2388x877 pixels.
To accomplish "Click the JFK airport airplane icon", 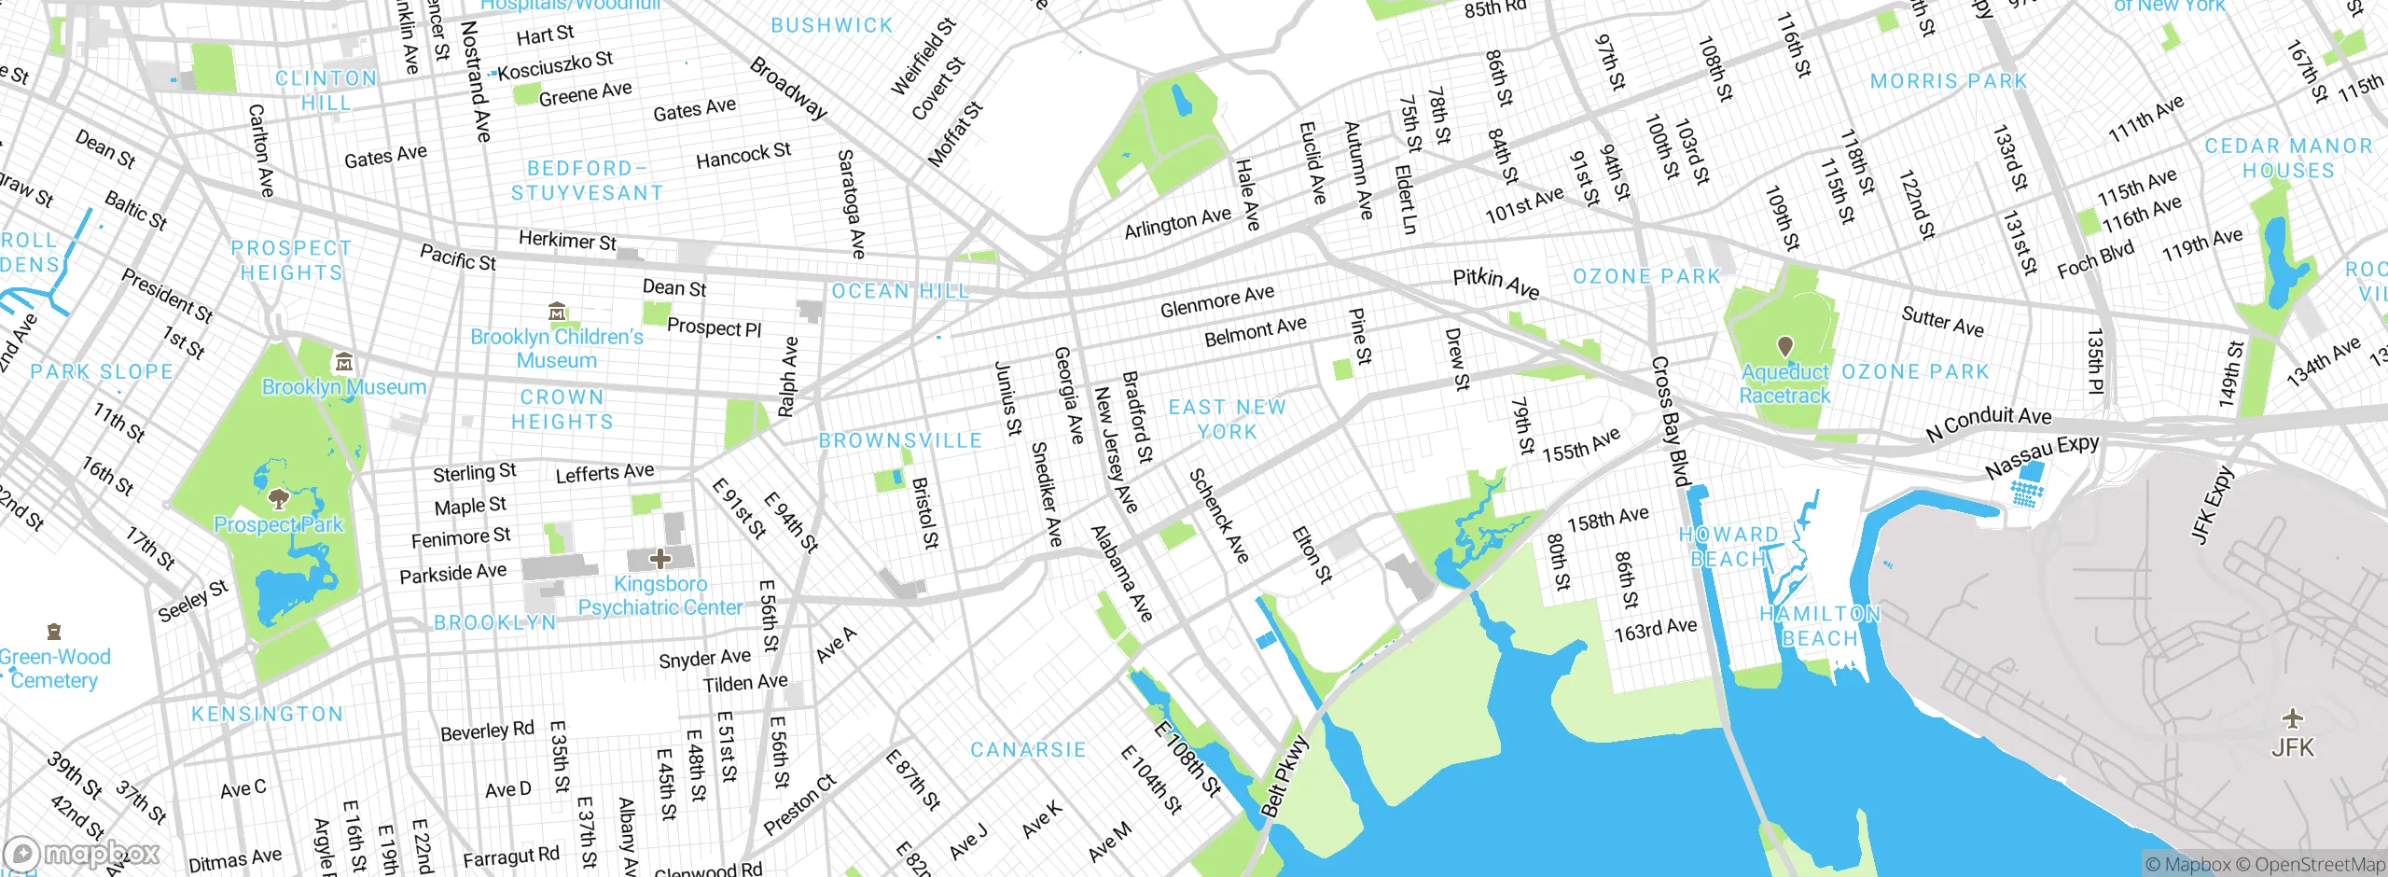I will [2292, 718].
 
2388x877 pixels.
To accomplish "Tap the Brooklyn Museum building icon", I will [344, 362].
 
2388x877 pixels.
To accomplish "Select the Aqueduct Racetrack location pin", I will [1784, 347].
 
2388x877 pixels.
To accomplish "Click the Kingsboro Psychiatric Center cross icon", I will [660, 559].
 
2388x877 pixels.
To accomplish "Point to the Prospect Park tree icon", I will [278, 498].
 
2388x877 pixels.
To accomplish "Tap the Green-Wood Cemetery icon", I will [54, 633].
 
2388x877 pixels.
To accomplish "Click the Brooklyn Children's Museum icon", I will [557, 311].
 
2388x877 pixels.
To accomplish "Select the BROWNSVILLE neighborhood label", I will [900, 440].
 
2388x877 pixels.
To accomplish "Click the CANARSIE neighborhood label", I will [1028, 750].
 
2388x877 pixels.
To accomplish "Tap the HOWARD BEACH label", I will [1729, 547].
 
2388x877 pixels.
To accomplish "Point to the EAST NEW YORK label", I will [1227, 420].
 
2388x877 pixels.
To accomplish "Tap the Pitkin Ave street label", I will [1495, 283].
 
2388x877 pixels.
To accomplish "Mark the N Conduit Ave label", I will [1989, 424].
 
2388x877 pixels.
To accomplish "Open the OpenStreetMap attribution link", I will [2319, 865].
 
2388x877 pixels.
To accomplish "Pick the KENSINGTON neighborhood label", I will [267, 715].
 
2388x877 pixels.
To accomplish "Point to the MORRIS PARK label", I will [1949, 82].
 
